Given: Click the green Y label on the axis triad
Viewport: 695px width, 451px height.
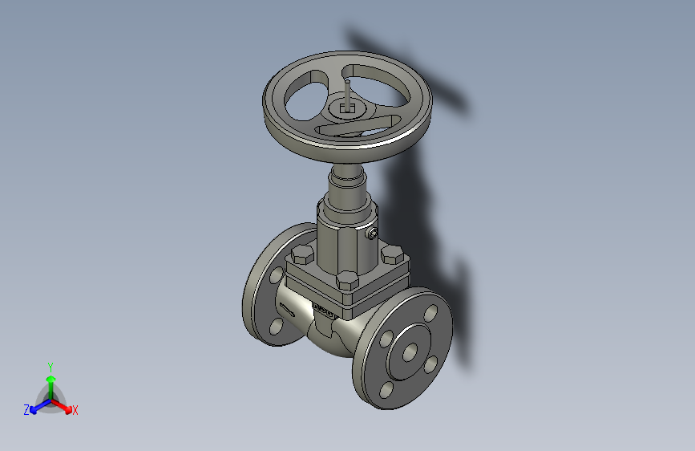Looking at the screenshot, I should click(x=50, y=366).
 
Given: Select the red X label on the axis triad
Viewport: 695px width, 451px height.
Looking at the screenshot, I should click(x=75, y=411).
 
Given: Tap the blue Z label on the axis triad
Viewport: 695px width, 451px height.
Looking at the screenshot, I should click(x=26, y=410).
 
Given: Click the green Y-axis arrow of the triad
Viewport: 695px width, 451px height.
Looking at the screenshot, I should click(x=51, y=382).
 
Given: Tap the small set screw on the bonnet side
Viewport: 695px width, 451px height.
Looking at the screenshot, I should click(x=372, y=234).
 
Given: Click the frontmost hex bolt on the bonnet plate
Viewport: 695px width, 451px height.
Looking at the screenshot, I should click(x=347, y=280).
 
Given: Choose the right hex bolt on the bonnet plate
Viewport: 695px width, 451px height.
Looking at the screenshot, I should click(x=391, y=255).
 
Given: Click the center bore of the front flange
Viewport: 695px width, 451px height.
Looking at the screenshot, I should click(x=410, y=352).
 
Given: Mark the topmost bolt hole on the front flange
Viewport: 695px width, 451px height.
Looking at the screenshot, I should click(x=430, y=314).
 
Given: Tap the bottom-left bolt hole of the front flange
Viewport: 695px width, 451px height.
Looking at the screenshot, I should click(x=387, y=389).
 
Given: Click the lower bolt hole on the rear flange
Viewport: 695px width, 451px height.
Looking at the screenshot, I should click(x=277, y=326).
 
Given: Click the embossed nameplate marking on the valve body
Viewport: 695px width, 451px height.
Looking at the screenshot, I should click(x=323, y=310).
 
